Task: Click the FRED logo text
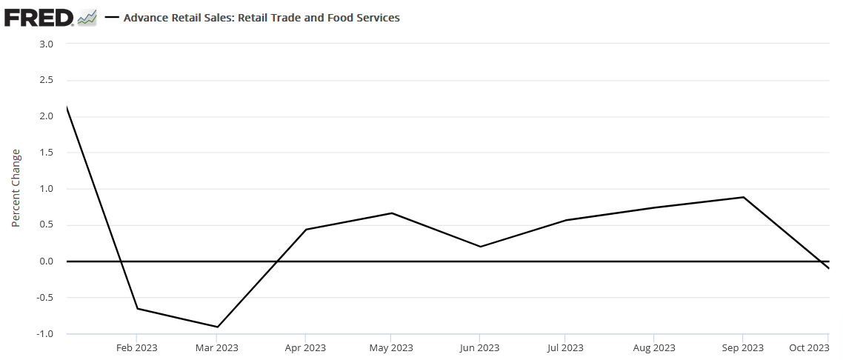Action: pos(39,17)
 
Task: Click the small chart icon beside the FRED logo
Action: pos(87,17)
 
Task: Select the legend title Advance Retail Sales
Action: pos(261,17)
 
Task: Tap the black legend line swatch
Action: pos(112,18)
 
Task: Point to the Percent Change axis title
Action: pos(16,188)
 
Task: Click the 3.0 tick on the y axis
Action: pos(46,44)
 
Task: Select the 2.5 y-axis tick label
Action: pos(46,80)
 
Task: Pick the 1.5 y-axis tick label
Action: pos(46,153)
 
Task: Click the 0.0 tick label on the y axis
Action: pos(46,261)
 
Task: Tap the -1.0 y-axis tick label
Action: pos(44,334)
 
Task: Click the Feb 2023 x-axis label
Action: pos(137,347)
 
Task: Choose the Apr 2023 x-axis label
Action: pos(305,347)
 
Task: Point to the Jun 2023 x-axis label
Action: pos(479,347)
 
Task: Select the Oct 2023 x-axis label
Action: pos(809,347)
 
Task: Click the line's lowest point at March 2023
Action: pos(218,327)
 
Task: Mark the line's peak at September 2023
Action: pos(743,197)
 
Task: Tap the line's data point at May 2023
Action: pos(392,213)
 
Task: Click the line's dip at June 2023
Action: pos(480,247)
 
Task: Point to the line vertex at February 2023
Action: pos(137,309)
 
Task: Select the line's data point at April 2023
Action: pos(305,230)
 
